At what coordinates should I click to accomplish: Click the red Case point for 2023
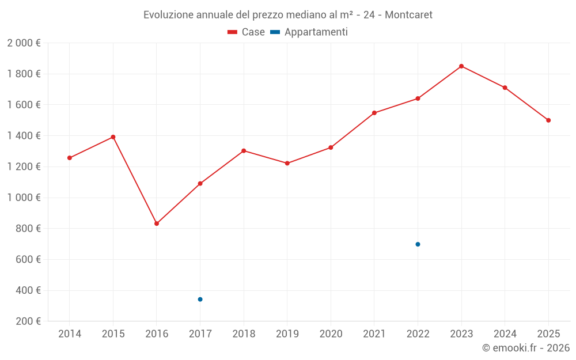tap(461, 66)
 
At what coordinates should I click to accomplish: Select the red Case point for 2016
tap(157, 223)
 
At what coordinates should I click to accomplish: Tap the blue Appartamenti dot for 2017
tap(200, 300)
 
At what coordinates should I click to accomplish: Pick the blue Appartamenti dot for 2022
tap(418, 244)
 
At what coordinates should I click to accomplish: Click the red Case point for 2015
tap(113, 137)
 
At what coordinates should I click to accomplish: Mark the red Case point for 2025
tap(548, 120)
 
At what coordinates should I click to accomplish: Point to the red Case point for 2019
tap(287, 164)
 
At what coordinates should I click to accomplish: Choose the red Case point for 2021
tap(374, 113)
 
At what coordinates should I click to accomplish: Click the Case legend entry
tap(246, 32)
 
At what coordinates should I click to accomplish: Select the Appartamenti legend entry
tap(309, 32)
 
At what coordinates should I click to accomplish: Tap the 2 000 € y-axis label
tap(24, 43)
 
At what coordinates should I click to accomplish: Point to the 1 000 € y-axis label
tap(24, 198)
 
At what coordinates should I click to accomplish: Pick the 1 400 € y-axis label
tap(24, 136)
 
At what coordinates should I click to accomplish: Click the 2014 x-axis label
tap(70, 334)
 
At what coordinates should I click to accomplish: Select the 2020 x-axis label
tap(331, 334)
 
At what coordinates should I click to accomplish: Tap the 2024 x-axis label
tap(505, 334)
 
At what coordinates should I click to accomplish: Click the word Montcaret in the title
tap(408, 15)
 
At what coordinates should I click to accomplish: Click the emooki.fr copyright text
tap(526, 348)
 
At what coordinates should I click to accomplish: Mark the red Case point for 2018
tap(244, 151)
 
